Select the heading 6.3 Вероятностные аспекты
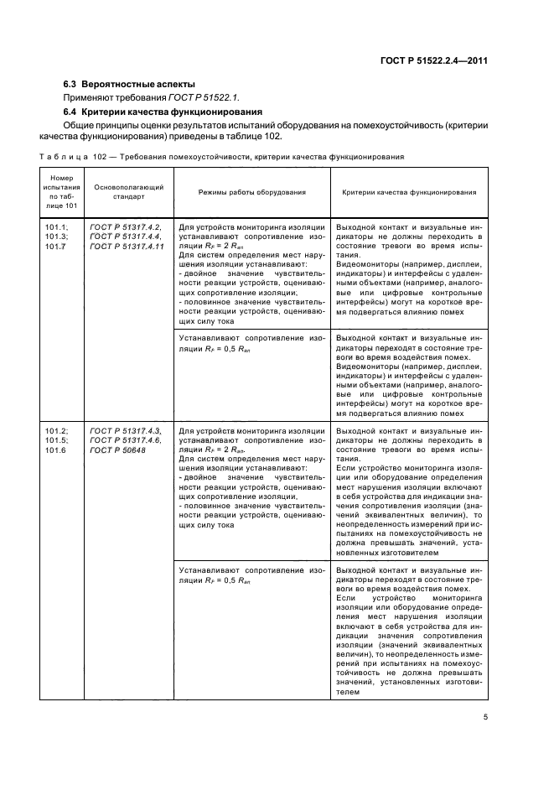(130, 84)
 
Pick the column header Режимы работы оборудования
(251, 192)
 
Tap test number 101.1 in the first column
(55, 227)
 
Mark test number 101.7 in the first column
(55, 246)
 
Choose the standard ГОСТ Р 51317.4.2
(126, 227)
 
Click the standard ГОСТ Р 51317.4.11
(127, 246)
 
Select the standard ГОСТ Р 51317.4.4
(126, 237)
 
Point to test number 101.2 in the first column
(55, 431)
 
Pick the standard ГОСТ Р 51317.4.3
(126, 431)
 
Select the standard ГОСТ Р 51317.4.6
(126, 440)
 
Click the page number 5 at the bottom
(485, 717)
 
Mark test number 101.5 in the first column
(55, 440)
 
